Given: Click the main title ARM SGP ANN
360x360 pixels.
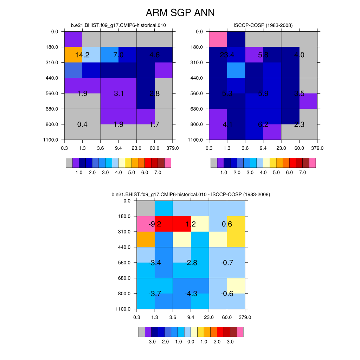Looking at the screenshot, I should (x=180, y=13).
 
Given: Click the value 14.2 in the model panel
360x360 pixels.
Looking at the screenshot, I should (x=82, y=55).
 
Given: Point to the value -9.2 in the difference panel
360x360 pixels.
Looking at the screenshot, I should (x=155, y=224).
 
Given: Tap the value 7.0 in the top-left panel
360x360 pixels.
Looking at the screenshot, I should (x=118, y=55).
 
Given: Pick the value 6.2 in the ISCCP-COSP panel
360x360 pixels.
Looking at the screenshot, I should (x=263, y=124).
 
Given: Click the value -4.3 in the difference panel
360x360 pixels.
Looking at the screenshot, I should (x=191, y=294).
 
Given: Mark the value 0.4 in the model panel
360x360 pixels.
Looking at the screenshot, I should (x=82, y=124).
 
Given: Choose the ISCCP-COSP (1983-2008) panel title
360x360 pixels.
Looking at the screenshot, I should (x=263, y=25).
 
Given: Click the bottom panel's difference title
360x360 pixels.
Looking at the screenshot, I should (x=191, y=194).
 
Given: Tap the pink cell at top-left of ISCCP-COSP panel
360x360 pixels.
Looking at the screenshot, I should (x=218, y=39).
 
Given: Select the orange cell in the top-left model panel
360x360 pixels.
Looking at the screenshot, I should (x=73, y=54).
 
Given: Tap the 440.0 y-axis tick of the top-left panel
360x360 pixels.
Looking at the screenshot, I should (x=52, y=78).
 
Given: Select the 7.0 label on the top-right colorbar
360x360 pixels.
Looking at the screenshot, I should (x=302, y=173).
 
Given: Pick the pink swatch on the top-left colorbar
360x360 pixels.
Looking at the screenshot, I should (x=168, y=163).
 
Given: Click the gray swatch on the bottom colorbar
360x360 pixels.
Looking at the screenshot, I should (x=141, y=332).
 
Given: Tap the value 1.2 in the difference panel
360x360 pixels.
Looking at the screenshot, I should (x=191, y=224).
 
